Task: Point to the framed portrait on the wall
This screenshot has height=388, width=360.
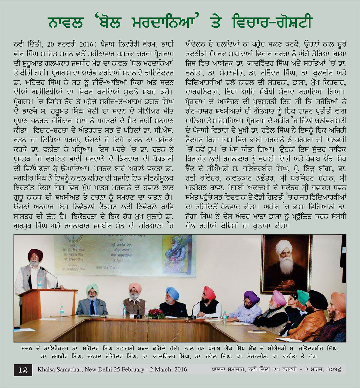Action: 286,263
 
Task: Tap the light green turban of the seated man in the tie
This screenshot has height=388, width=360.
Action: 92,288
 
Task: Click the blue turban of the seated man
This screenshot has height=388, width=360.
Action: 173,293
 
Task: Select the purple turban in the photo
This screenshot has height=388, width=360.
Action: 252,296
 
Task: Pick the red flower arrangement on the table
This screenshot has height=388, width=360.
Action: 155,313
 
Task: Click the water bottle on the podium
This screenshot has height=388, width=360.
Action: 40,284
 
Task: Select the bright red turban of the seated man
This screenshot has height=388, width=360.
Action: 209,293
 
